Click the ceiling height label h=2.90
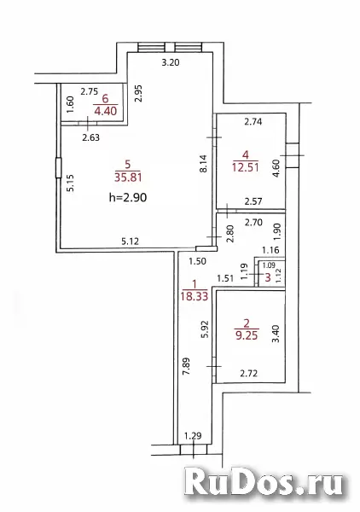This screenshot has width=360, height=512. point(128,197)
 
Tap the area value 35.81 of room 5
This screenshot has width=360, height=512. point(128,177)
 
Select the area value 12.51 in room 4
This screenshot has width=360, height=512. point(246,167)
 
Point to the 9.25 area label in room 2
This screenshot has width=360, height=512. point(247,335)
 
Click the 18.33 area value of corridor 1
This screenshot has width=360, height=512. point(195,296)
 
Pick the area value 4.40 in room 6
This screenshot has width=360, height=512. point(106,111)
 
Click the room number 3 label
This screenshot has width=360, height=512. point(268,277)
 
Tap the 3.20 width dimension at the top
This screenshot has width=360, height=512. point(171,62)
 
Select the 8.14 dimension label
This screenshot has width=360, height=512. point(203,163)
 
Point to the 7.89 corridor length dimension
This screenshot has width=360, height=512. point(186,366)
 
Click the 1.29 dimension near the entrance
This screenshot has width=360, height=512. point(193,435)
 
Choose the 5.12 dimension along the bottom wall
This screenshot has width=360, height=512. point(130,241)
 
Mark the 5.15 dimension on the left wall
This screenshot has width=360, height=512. point(71,183)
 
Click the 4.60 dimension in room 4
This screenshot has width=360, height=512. point(276,168)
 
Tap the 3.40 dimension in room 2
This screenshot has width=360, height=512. point(276,334)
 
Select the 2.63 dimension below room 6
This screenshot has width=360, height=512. point(90,137)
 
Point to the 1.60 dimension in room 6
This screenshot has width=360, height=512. point(71,104)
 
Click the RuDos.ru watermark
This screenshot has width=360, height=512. point(264,481)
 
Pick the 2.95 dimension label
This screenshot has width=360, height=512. point(139,93)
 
